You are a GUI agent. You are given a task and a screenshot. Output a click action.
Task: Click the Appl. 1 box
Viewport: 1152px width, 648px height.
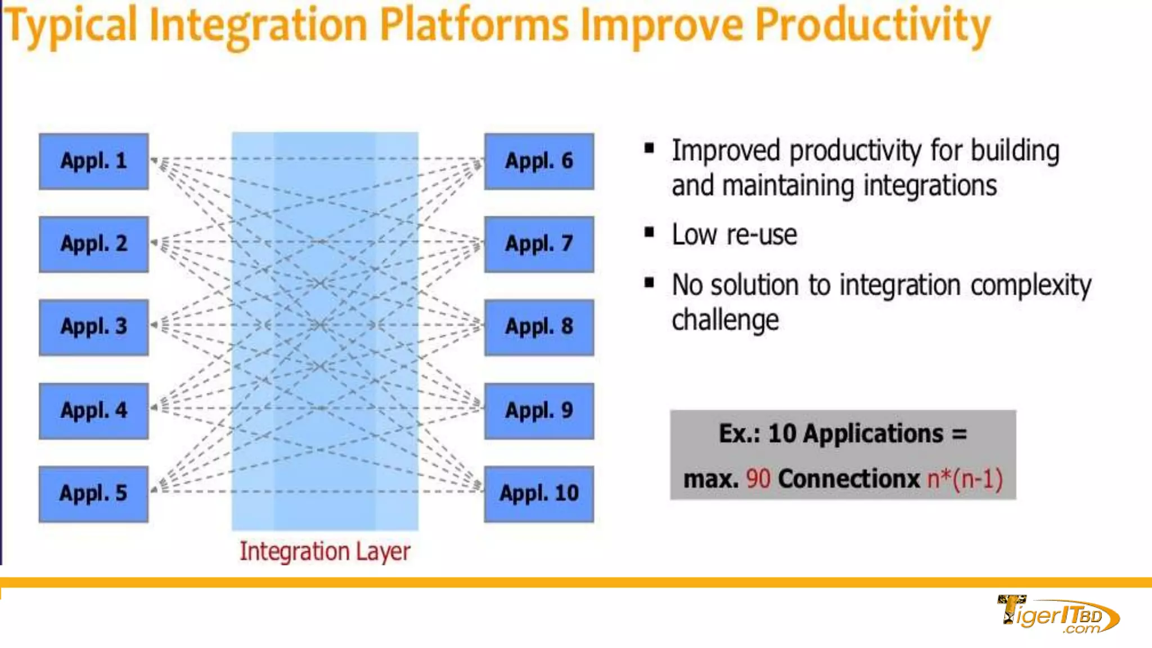94,161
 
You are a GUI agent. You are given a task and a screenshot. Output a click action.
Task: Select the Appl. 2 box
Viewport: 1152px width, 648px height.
94,244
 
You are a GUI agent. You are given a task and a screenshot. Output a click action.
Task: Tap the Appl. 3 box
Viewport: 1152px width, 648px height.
94,327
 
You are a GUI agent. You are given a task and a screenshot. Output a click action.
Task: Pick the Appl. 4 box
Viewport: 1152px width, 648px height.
94,411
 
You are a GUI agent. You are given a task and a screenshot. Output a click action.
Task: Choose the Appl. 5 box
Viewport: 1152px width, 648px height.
94,494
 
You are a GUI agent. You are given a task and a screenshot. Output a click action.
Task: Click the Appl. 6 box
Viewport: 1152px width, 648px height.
539,161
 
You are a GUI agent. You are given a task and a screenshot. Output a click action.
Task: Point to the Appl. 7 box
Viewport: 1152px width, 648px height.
539,244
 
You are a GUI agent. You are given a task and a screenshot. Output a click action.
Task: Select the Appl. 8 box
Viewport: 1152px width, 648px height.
539,327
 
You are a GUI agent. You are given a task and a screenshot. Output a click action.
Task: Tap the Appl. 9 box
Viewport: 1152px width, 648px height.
539,411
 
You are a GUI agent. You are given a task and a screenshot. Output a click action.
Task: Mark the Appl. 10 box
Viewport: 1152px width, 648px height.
539,494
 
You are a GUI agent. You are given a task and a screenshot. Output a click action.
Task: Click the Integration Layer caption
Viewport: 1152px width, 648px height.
325,551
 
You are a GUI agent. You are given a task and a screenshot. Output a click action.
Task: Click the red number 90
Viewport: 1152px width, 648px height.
758,479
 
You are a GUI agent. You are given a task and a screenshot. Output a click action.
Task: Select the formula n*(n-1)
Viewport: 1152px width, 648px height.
965,479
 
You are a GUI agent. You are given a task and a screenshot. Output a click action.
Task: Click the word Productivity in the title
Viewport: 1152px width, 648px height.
872,26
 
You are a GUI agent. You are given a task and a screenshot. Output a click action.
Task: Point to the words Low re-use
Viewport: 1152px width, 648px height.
735,235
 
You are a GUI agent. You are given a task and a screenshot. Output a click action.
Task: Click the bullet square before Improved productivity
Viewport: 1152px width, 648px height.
650,148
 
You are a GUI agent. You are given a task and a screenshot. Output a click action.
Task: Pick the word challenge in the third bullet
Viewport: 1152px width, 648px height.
726,321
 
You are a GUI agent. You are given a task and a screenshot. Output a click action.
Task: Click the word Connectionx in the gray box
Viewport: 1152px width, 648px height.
849,479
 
